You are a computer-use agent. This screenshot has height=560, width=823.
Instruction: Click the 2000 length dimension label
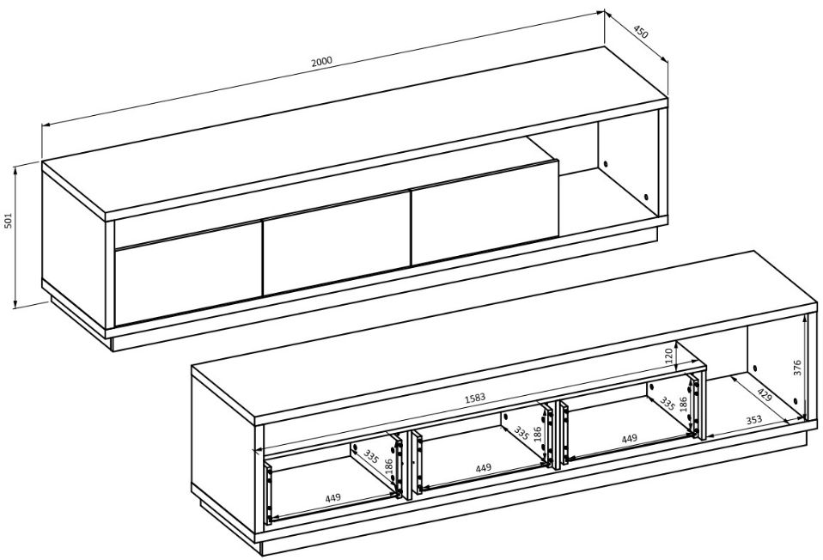click(322, 60)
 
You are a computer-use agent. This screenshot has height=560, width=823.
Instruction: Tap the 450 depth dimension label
click(640, 32)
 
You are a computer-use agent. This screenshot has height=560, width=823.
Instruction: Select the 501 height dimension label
click(9, 221)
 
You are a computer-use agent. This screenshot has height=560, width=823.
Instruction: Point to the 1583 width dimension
click(475, 398)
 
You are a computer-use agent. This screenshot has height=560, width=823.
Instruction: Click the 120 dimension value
click(668, 356)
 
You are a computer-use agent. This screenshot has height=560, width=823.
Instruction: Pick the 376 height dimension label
click(797, 368)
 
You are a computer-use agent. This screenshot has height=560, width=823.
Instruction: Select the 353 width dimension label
click(753, 420)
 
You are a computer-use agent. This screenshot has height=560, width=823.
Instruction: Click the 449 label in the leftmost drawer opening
click(332, 497)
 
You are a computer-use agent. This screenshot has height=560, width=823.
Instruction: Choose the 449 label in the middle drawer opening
click(483, 467)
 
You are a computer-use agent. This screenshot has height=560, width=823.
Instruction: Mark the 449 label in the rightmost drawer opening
click(629, 438)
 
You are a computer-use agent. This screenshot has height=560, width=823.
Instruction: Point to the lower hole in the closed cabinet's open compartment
click(645, 198)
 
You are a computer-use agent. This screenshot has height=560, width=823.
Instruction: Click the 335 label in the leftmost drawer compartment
click(370, 457)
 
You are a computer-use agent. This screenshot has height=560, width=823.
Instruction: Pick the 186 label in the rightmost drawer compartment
click(683, 405)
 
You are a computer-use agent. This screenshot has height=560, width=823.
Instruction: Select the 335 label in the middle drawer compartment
click(521, 433)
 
